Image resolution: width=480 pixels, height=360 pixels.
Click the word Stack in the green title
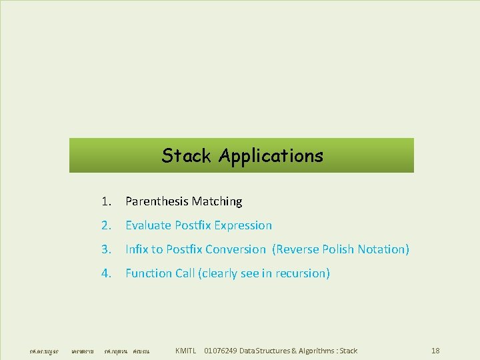pyautogui.click(x=187, y=156)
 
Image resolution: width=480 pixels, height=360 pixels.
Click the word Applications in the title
pyautogui.click(x=271, y=157)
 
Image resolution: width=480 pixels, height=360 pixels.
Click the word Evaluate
pyautogui.click(x=149, y=225)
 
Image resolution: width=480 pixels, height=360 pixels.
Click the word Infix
pyautogui.click(x=137, y=249)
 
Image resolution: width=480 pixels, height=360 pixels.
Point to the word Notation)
pyautogui.click(x=383, y=249)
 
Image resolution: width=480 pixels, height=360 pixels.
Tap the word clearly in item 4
pyautogui.click(x=219, y=273)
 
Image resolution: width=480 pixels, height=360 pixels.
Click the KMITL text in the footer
pyautogui.click(x=185, y=351)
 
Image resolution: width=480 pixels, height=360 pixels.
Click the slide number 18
pyautogui.click(x=435, y=351)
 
